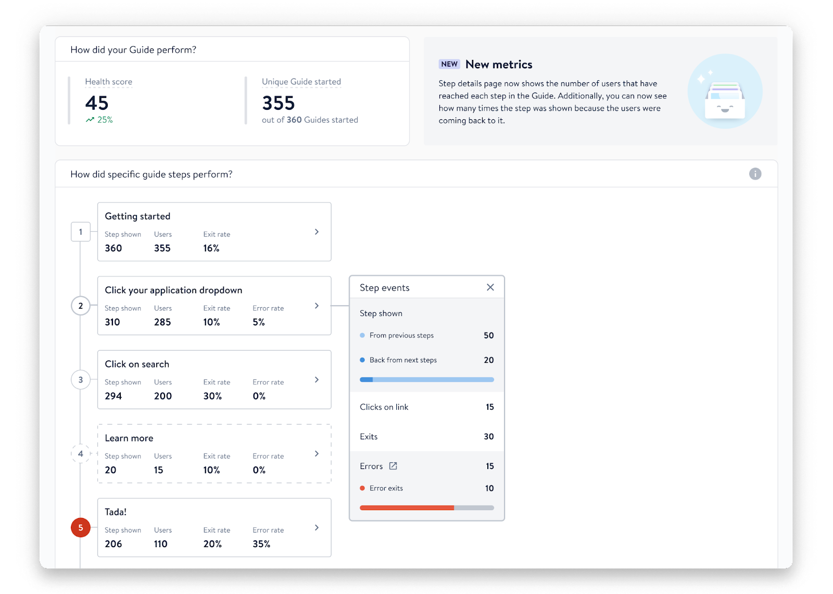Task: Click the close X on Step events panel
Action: [x=490, y=287]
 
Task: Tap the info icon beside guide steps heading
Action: [x=755, y=174]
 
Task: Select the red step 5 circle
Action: [x=81, y=527]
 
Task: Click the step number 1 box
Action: [x=81, y=232]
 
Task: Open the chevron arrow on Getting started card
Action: [x=317, y=232]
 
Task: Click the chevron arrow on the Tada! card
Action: [x=317, y=527]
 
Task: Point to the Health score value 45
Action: [x=97, y=103]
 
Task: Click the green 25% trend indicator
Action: [x=99, y=120]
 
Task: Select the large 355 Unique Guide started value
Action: [x=279, y=103]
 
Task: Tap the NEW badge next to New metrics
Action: [x=449, y=64]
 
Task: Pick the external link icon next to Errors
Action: [x=393, y=466]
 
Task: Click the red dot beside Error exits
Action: [x=362, y=488]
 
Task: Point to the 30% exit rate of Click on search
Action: [x=212, y=396]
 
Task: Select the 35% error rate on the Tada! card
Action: [x=261, y=544]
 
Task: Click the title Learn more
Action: [x=129, y=438]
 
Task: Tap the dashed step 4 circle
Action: [x=81, y=453]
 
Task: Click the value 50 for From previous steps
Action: [x=488, y=335]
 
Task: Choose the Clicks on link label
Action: [x=384, y=407]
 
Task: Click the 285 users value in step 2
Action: [x=162, y=322]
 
